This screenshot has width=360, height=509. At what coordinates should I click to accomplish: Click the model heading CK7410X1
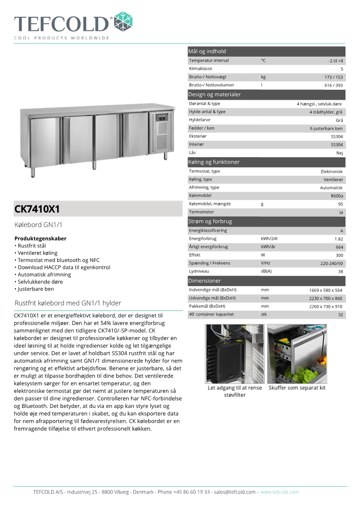[37, 209]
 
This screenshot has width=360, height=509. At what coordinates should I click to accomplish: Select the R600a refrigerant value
[337, 196]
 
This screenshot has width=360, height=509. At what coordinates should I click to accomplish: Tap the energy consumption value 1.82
[338, 239]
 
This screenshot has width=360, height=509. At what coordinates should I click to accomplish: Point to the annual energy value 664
[339, 247]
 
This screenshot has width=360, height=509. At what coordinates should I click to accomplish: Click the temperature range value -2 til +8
[336, 61]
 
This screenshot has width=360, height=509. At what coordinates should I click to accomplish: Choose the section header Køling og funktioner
[214, 162]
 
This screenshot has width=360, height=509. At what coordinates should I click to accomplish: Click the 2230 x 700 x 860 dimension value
[326, 298]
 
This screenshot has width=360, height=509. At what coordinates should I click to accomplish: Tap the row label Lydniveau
[199, 271]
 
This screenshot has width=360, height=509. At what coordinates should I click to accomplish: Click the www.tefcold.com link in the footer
[279, 492]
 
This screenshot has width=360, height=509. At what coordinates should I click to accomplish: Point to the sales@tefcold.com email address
[235, 492]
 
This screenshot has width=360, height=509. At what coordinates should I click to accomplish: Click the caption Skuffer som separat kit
[297, 388]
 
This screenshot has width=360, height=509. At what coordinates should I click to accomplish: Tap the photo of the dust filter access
[234, 354]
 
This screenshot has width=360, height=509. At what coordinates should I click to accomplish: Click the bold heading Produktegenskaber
[40, 238]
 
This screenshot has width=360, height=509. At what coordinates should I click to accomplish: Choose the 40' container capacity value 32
[340, 315]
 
